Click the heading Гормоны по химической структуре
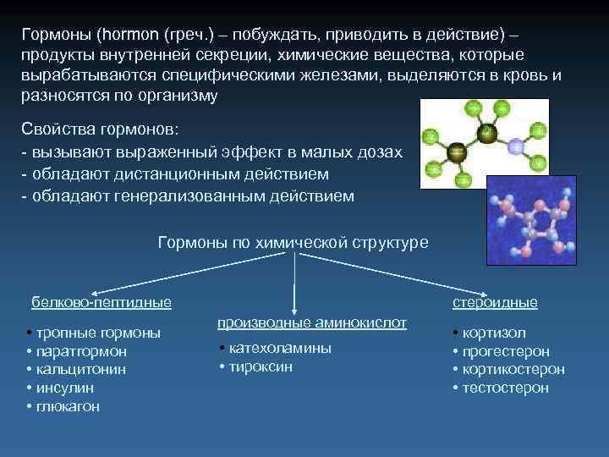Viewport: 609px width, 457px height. pyautogui.click(x=294, y=243)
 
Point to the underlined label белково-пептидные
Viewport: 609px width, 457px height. pyautogui.click(x=101, y=302)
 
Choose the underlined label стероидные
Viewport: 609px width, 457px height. pyautogui.click(x=495, y=302)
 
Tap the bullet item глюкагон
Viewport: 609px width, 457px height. pyautogui.click(x=67, y=406)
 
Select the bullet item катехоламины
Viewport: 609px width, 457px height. pyautogui.click(x=278, y=348)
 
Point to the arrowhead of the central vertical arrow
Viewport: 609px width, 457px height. pyautogui.click(x=294, y=311)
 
